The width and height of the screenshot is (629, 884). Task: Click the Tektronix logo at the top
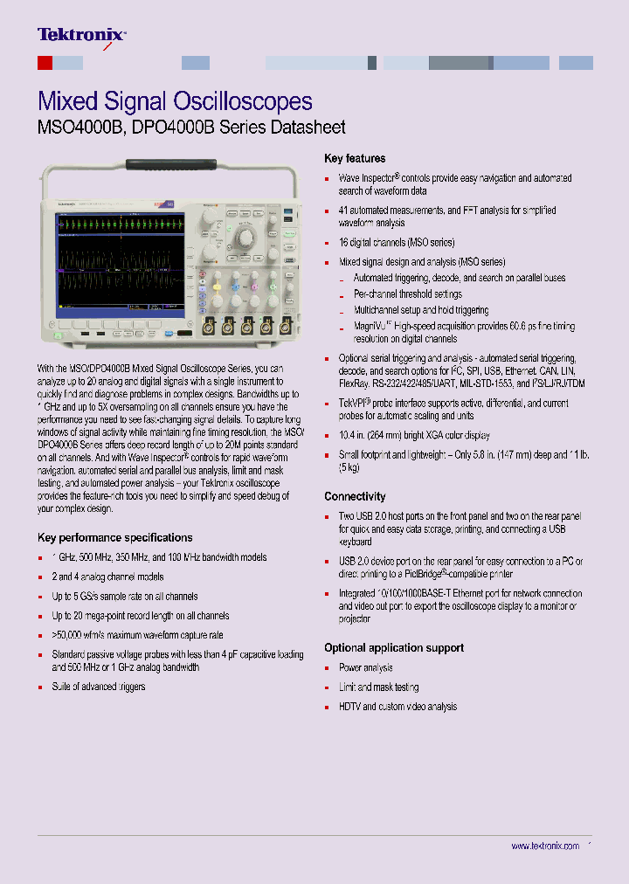pyautogui.click(x=81, y=35)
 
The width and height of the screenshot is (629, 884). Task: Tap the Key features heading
pyautogui.click(x=354, y=158)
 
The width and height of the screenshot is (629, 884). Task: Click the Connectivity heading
pyautogui.click(x=355, y=496)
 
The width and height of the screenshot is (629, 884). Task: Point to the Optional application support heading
pyautogui.click(x=393, y=647)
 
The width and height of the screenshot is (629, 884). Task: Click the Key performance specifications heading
pyautogui.click(x=114, y=537)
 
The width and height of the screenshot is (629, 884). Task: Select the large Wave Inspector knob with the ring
pyautogui.click(x=245, y=236)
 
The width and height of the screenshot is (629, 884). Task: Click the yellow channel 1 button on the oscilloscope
pyautogui.click(x=215, y=286)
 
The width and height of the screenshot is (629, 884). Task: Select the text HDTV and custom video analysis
pyautogui.click(x=397, y=706)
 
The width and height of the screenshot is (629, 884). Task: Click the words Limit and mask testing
pyautogui.click(x=378, y=687)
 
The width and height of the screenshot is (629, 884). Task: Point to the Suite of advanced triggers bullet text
pyautogui.click(x=99, y=687)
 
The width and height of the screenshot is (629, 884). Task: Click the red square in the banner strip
pyautogui.click(x=45, y=63)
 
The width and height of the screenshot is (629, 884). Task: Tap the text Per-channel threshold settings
pyautogui.click(x=407, y=294)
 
